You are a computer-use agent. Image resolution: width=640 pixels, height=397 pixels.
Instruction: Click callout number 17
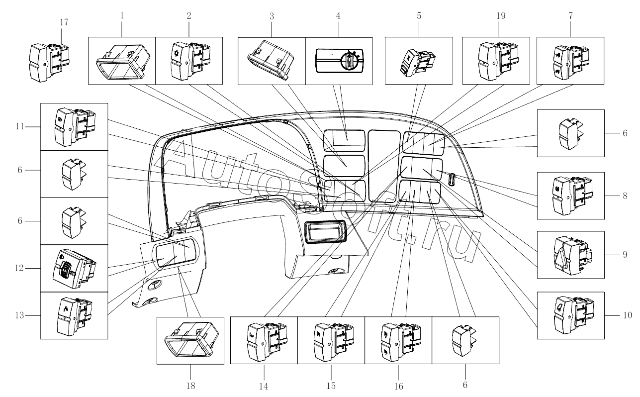64,22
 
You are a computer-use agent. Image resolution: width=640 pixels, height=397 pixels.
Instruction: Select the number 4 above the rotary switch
338,16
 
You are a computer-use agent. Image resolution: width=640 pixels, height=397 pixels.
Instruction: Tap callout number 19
501,16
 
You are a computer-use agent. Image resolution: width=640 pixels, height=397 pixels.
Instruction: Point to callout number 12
19,268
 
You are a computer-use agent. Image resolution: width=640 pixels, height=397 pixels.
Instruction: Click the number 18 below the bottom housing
190,386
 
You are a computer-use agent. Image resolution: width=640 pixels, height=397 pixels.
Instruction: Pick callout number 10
628,315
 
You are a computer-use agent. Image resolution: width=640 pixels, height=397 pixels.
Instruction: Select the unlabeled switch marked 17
49,62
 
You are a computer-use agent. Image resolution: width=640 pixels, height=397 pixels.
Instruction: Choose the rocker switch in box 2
190,61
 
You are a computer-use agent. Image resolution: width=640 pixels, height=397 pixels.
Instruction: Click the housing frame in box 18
191,340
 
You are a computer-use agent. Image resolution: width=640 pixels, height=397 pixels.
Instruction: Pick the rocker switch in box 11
75,127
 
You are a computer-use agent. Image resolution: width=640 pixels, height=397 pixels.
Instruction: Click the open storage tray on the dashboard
326,231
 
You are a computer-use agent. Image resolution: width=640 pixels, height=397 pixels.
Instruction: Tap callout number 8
625,196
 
